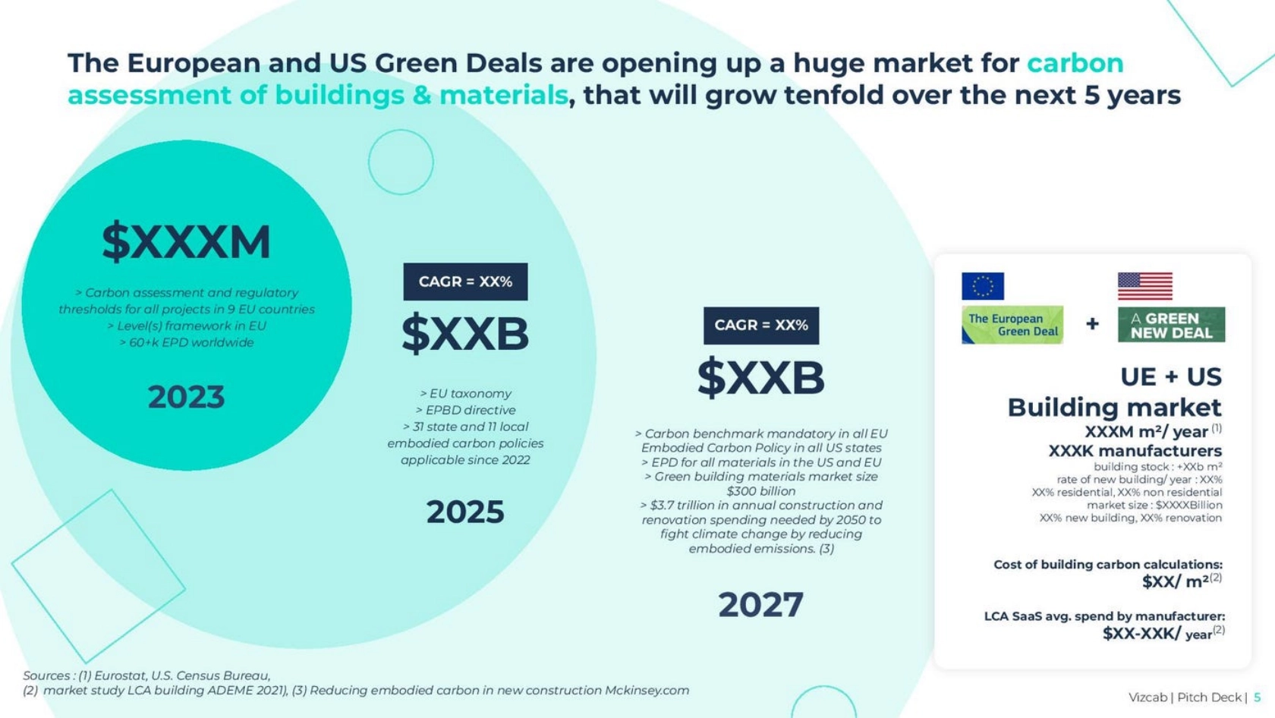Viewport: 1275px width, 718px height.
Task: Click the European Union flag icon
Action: coord(982,286)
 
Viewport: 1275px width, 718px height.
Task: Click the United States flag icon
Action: coord(1144,286)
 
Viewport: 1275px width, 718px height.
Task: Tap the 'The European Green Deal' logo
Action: coord(1012,325)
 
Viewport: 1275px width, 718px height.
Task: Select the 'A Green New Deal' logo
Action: coord(1170,325)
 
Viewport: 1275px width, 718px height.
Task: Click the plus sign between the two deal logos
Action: coord(1092,324)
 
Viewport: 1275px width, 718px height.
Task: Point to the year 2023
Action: coord(186,397)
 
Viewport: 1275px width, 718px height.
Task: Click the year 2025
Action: coord(464,512)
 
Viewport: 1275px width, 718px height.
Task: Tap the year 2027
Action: coord(760,605)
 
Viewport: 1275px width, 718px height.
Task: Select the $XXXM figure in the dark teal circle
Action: coord(186,242)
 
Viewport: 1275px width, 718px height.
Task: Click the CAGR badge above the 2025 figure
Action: coord(465,282)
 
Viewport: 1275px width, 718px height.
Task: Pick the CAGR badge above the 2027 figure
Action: coord(761,326)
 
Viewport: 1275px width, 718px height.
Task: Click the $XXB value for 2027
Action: coord(760,377)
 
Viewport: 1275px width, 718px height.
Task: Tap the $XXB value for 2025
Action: coord(464,334)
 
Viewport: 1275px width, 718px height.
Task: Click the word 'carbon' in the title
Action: coord(1075,63)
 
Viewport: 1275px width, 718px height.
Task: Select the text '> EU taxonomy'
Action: coord(465,393)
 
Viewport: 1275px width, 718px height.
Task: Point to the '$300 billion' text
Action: coord(761,491)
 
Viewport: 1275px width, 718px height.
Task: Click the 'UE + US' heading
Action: coord(1171,376)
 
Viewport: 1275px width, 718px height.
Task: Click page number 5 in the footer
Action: coord(1258,697)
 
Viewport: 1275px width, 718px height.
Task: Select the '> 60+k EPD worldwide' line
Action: coord(187,342)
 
